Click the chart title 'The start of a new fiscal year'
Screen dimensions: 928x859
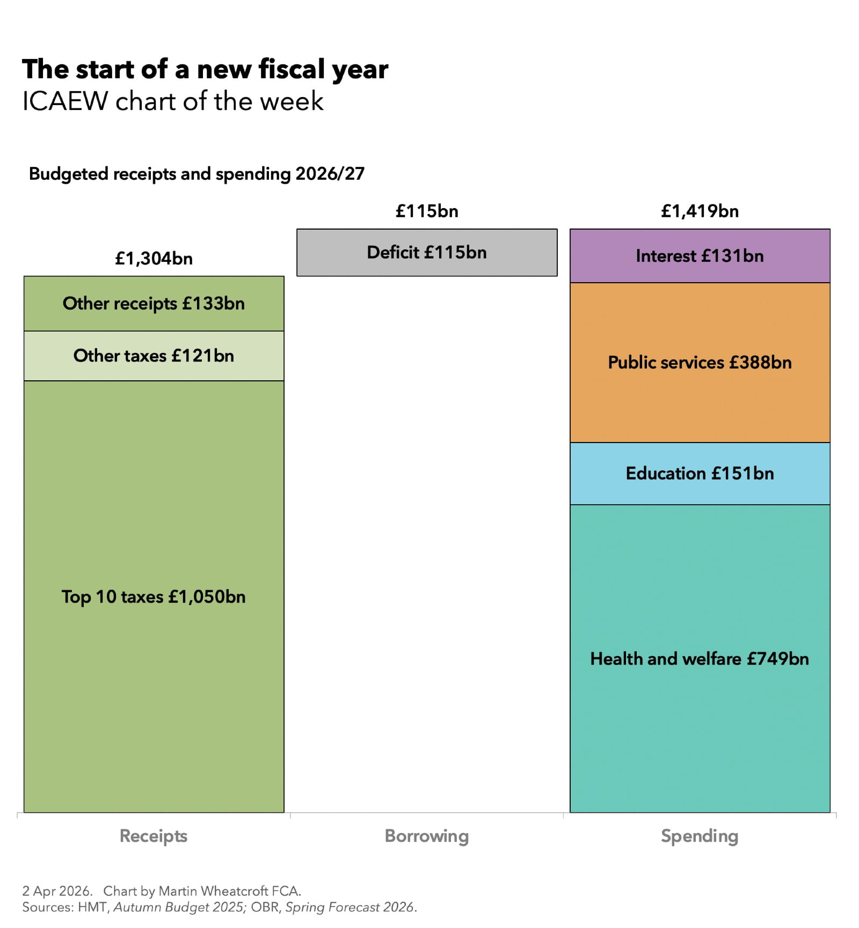point(205,69)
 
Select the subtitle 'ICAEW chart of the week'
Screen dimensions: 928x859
point(172,101)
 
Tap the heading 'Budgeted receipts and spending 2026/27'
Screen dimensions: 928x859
point(196,174)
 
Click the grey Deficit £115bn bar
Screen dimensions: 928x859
point(427,253)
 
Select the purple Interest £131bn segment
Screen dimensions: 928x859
point(700,256)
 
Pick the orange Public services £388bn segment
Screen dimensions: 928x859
point(700,363)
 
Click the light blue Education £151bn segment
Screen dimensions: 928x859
point(700,474)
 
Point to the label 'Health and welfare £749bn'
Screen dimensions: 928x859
point(700,659)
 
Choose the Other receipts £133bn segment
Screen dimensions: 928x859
point(154,304)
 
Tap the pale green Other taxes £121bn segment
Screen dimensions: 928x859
point(154,356)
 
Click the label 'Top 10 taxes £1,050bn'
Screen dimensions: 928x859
point(154,597)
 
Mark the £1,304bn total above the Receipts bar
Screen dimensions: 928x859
point(154,259)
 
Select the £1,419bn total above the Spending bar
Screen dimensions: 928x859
point(700,211)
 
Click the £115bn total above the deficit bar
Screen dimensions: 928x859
point(427,211)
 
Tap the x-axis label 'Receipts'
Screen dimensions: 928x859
point(154,836)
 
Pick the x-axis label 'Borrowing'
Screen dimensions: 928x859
point(427,836)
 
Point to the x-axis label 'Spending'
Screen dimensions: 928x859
point(700,836)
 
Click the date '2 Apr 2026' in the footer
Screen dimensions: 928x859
point(56,891)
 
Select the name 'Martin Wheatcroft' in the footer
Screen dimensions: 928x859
point(214,891)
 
